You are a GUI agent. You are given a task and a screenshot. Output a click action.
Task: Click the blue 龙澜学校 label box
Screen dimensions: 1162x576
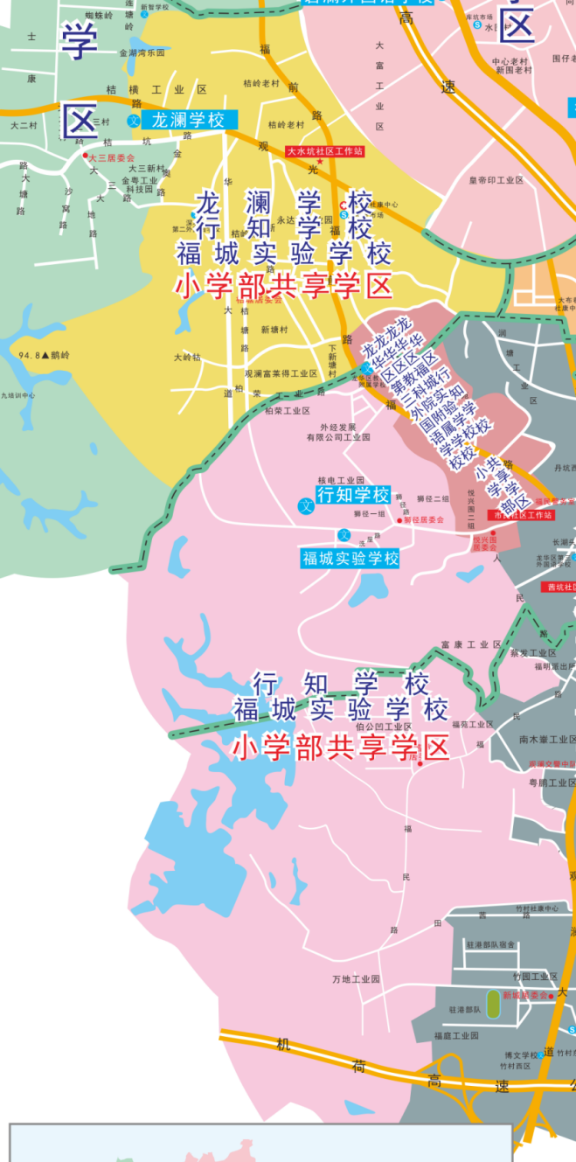point(188,120)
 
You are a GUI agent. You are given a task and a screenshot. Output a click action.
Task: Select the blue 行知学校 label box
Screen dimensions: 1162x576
point(353,496)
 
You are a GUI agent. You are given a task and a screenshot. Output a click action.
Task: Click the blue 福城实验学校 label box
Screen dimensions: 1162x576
point(350,558)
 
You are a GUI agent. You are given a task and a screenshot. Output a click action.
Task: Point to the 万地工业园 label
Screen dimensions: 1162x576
point(357,978)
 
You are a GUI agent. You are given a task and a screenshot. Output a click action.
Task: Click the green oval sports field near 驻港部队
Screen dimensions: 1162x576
point(494,1003)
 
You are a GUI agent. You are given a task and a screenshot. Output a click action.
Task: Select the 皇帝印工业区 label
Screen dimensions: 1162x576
point(496,180)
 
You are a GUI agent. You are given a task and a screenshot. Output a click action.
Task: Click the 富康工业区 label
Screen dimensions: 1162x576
point(471,644)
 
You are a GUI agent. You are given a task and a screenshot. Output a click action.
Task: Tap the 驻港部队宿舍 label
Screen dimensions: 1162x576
point(490,944)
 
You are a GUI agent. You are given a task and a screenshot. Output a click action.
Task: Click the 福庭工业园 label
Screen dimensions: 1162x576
point(457,1035)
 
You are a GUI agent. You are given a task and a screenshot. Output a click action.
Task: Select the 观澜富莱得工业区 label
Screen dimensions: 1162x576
point(281,373)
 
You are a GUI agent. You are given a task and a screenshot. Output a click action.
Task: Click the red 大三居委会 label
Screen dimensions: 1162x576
point(113,157)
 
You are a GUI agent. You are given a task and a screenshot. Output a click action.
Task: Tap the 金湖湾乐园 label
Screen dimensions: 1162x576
point(142,52)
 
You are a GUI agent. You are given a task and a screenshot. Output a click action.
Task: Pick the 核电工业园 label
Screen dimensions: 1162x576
point(341,480)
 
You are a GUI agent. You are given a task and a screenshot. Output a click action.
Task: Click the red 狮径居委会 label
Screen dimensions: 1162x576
point(424,519)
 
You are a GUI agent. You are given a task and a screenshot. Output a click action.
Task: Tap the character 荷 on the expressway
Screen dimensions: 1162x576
point(358,1066)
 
